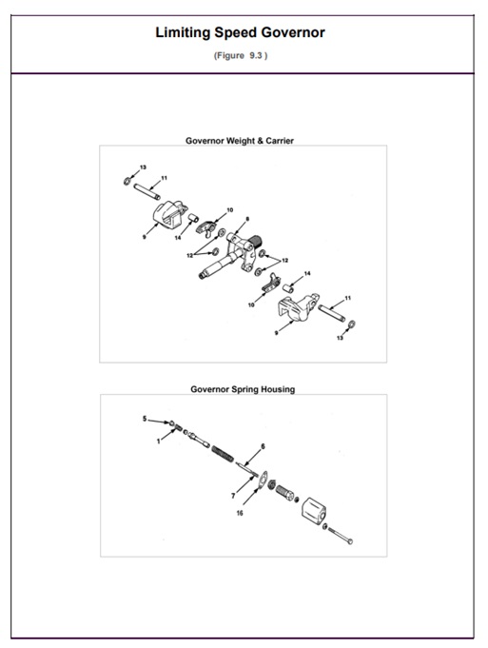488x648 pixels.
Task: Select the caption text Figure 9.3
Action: (x=240, y=55)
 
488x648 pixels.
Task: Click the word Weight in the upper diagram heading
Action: (x=241, y=141)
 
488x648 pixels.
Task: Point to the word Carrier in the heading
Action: (x=280, y=141)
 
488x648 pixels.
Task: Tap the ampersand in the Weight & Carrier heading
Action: (x=261, y=141)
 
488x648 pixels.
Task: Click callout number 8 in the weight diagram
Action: (x=247, y=219)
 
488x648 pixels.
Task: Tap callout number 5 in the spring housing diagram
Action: (x=145, y=419)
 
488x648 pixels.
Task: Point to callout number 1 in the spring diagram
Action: (x=158, y=442)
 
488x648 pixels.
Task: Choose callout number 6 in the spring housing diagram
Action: (x=263, y=446)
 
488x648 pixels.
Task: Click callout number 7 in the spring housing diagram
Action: (x=233, y=496)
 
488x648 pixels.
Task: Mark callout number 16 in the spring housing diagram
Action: (x=240, y=513)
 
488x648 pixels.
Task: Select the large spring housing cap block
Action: (x=314, y=511)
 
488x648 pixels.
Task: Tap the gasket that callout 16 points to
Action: (x=263, y=480)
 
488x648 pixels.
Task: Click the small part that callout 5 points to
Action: (x=171, y=423)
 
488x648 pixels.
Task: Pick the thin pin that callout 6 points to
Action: (x=247, y=469)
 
